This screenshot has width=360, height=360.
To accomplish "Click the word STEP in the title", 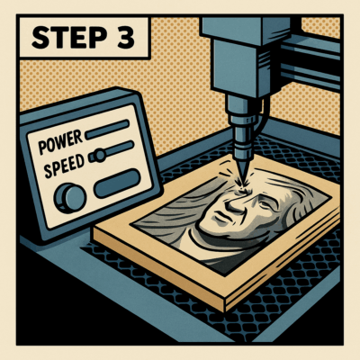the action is (69, 38).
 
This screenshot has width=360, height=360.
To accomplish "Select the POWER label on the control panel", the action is (60, 142).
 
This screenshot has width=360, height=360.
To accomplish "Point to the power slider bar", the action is (107, 130).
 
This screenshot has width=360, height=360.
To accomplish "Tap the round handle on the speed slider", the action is (99, 155).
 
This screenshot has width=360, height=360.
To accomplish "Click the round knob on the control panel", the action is (69, 198).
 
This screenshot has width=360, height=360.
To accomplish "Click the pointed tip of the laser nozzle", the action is (242, 177).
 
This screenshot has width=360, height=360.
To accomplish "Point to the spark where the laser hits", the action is (240, 185).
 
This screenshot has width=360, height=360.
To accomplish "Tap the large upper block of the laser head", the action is (246, 29).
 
